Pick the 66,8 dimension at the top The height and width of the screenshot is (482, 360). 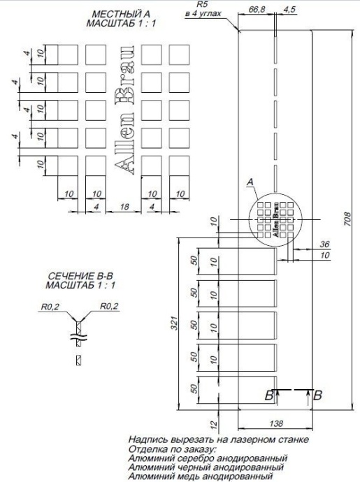[258, 10]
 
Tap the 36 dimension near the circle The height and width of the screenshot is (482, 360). [324, 244]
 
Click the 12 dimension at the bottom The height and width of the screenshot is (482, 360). [215, 423]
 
